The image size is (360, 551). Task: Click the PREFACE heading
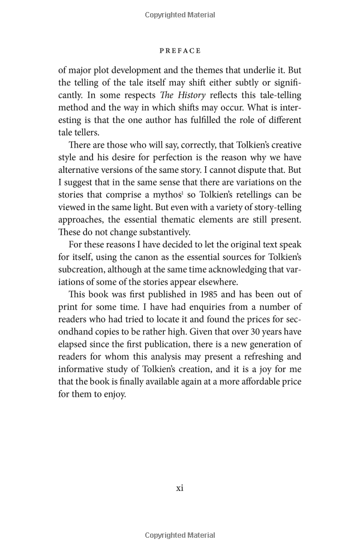(180, 50)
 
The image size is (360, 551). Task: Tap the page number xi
(179, 487)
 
